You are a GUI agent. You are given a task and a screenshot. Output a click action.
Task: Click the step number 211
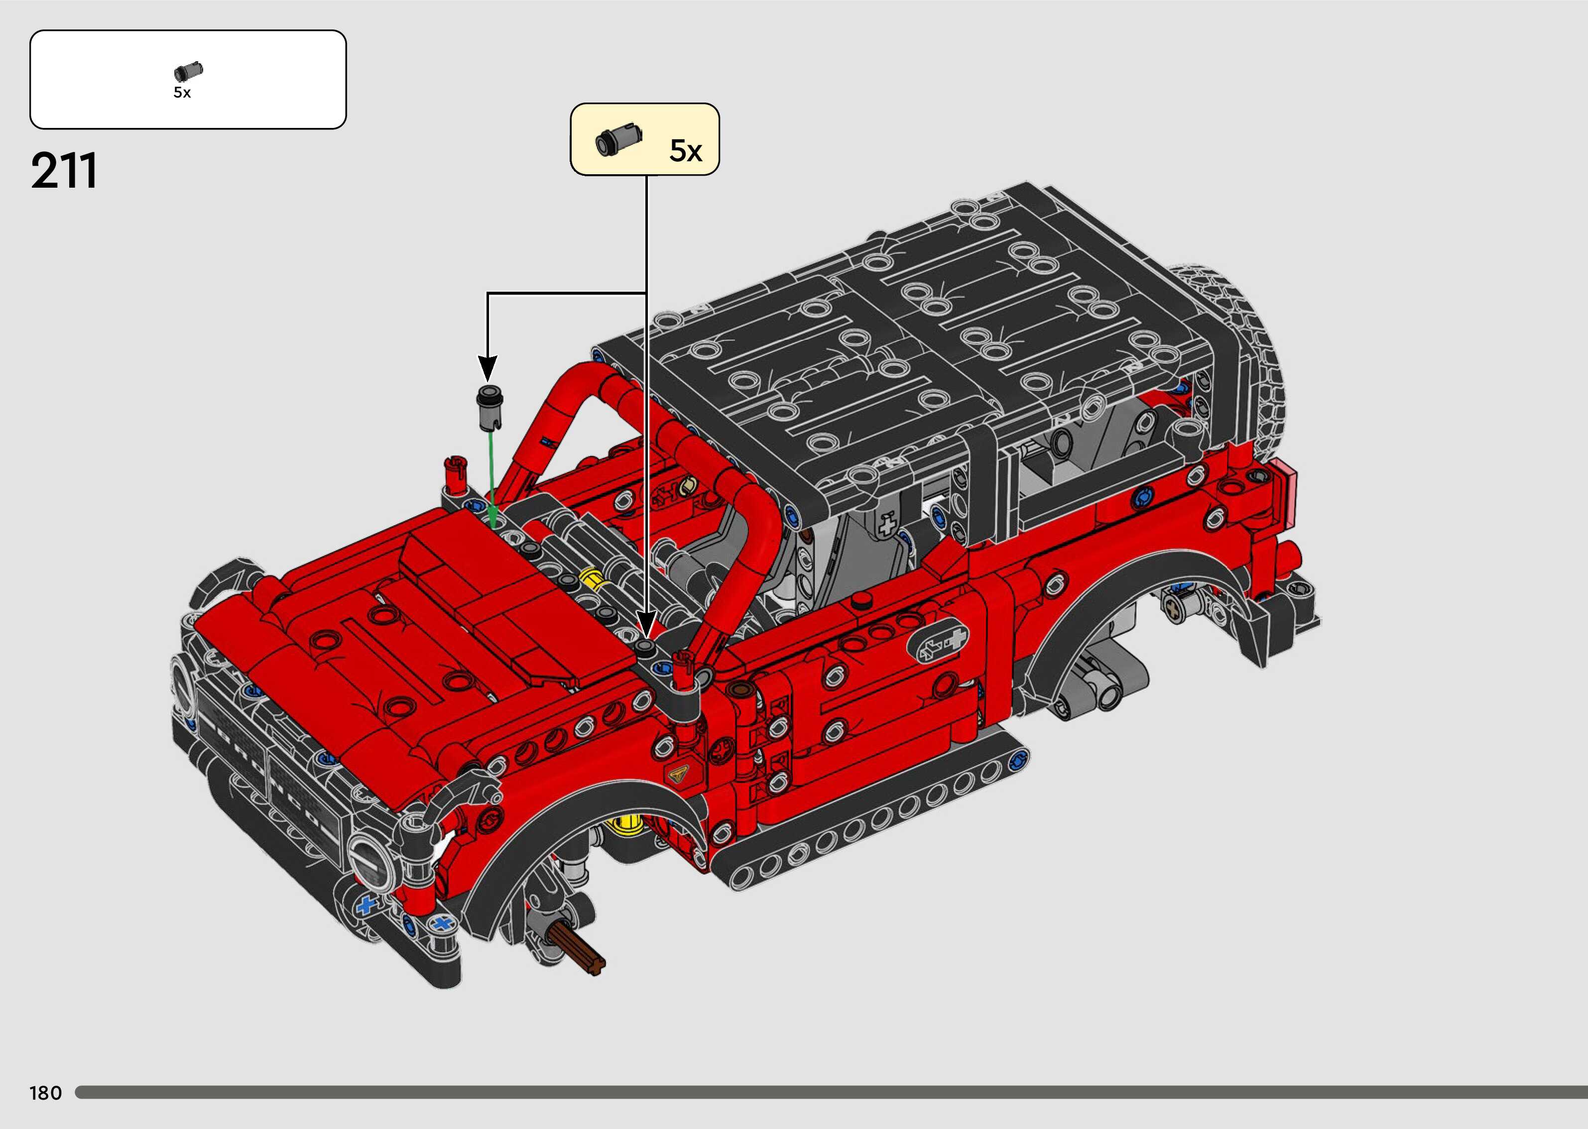pyautogui.click(x=64, y=171)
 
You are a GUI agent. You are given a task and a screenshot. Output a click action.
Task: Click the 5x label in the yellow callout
pyautogui.click(x=686, y=151)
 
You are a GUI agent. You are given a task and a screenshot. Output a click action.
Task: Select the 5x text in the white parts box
pyautogui.click(x=182, y=93)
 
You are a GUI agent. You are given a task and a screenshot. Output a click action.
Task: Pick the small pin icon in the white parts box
pyautogui.click(x=188, y=71)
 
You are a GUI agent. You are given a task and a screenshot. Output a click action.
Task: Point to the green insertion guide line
pyautogui.click(x=492, y=480)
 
